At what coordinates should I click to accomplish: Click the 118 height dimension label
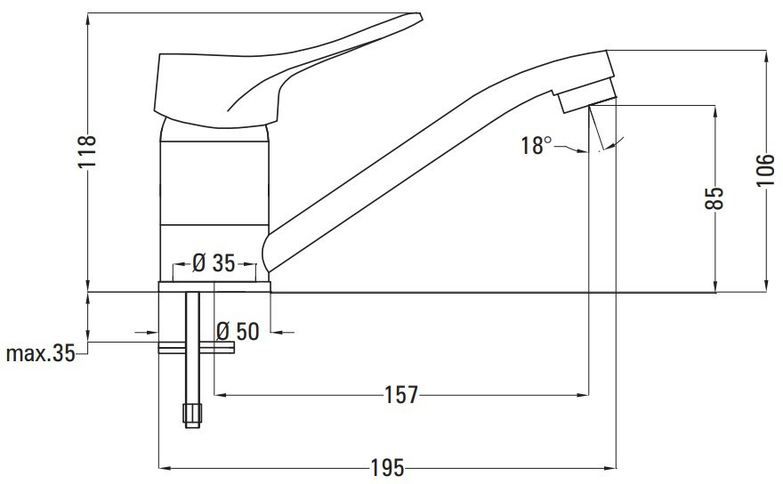87,151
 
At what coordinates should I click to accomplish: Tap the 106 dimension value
765,170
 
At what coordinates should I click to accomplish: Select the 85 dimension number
714,198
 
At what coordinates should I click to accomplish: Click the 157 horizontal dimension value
401,395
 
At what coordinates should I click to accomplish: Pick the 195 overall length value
387,468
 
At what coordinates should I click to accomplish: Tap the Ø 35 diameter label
214,262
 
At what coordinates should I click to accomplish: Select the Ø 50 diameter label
238,331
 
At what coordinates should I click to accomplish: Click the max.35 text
40,353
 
